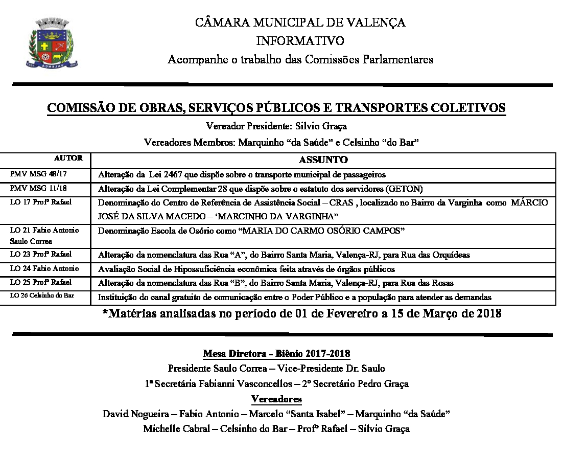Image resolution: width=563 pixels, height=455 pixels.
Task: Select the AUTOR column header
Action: click(x=68, y=158)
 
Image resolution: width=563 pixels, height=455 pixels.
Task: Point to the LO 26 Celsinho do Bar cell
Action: click(x=42, y=297)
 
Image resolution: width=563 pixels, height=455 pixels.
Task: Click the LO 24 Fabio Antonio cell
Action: click(x=44, y=268)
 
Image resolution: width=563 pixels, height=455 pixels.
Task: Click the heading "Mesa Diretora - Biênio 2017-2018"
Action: click(x=276, y=354)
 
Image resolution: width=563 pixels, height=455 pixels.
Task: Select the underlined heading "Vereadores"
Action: click(x=276, y=399)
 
